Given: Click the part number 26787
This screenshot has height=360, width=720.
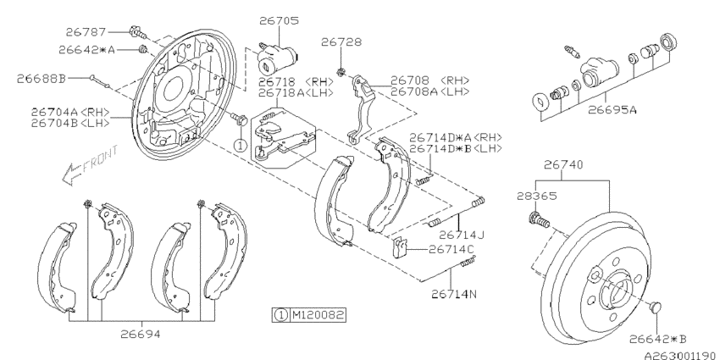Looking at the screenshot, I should (102, 31).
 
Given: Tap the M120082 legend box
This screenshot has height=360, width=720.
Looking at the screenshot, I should (310, 315).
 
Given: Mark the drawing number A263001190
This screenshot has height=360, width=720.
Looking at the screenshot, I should (675, 352).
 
